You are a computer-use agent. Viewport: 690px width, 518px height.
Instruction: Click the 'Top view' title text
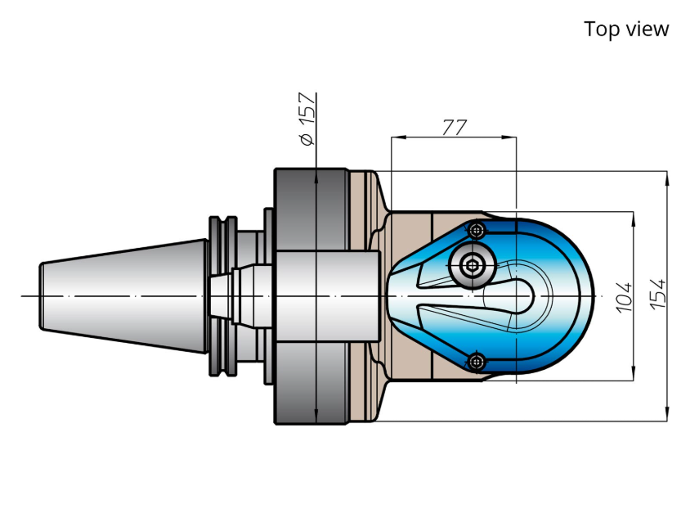point(626,29)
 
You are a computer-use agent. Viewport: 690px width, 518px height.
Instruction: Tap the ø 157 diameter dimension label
point(307,119)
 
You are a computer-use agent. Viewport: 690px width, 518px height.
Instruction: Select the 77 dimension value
point(454,127)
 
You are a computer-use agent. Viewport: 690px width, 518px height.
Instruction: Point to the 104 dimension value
point(624,297)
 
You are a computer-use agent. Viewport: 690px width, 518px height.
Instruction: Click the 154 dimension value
point(658,294)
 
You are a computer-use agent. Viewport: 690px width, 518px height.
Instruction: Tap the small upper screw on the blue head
point(476,229)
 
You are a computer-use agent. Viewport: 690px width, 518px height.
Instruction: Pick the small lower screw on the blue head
point(476,362)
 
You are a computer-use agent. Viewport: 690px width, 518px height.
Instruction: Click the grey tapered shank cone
point(123,296)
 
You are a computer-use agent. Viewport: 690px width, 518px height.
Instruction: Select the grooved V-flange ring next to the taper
point(223,296)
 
